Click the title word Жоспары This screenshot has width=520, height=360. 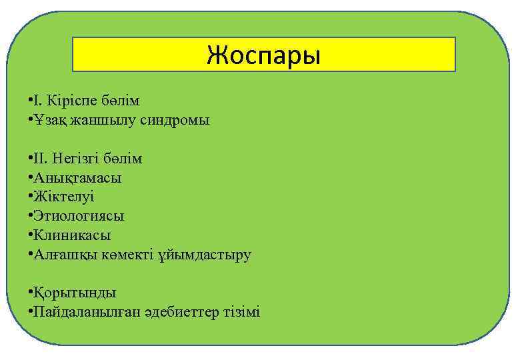click(x=263, y=55)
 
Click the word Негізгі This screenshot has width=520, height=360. click(x=76, y=159)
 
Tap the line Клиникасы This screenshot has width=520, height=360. click(x=72, y=235)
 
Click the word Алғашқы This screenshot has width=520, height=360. click(x=64, y=255)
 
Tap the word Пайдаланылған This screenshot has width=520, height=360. click(x=87, y=312)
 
